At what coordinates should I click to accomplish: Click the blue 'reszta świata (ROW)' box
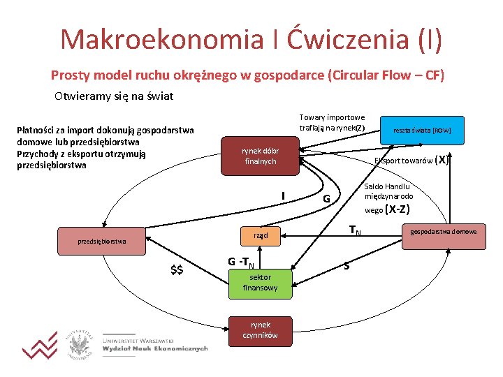pyautogui.click(x=421, y=131)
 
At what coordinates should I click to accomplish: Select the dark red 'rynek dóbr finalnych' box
pyautogui.click(x=260, y=156)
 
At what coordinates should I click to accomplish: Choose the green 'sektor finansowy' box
pyautogui.click(x=260, y=282)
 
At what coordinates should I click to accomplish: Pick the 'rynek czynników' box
pyautogui.click(x=260, y=330)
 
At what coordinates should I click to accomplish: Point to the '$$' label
pyautogui.click(x=177, y=270)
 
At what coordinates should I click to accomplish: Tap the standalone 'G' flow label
pyautogui.click(x=326, y=199)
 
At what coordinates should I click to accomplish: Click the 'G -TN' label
pyautogui.click(x=240, y=263)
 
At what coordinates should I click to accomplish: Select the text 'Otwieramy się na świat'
pyautogui.click(x=113, y=96)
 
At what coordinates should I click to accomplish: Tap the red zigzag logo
pyautogui.click(x=40, y=345)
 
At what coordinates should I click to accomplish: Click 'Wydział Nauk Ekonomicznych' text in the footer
pyautogui.click(x=155, y=348)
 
